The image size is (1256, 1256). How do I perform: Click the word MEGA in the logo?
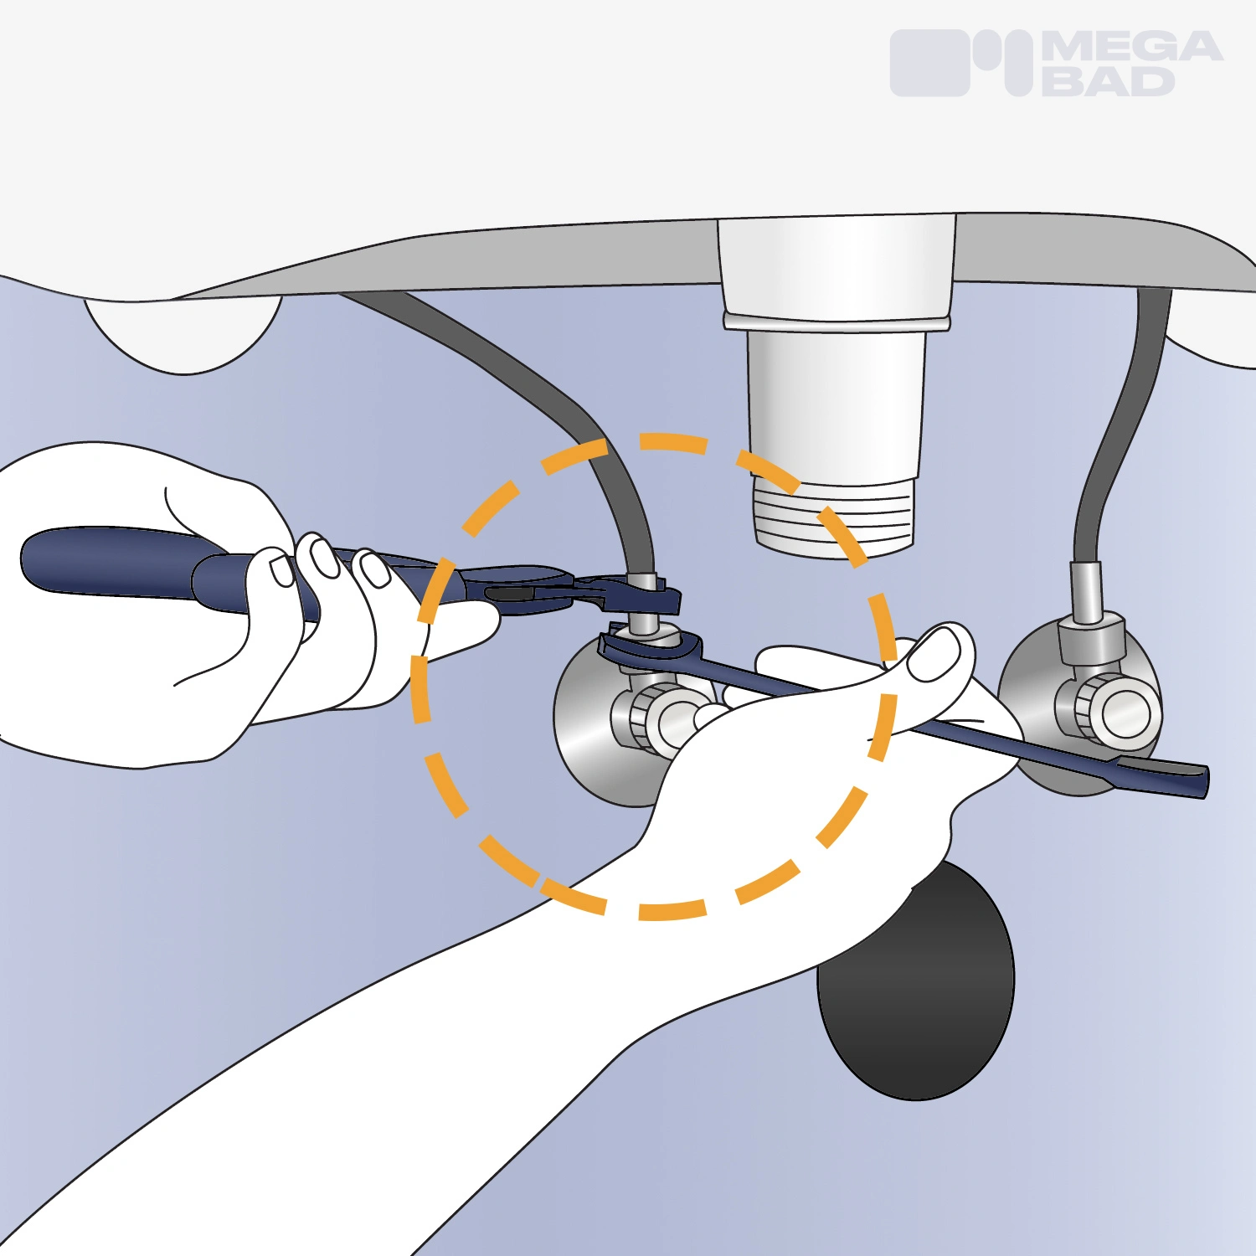[1132, 47]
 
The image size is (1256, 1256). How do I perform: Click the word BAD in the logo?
[1109, 81]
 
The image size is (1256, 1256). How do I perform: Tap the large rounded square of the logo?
[929, 63]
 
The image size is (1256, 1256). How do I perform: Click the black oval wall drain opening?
[918, 984]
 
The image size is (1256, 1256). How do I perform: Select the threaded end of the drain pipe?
[833, 515]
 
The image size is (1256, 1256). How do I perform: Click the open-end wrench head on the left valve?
[649, 650]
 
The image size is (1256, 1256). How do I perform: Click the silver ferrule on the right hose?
[1087, 592]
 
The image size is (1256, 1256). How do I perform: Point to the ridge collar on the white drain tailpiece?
[837, 322]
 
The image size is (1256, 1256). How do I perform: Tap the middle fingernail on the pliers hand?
[324, 557]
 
